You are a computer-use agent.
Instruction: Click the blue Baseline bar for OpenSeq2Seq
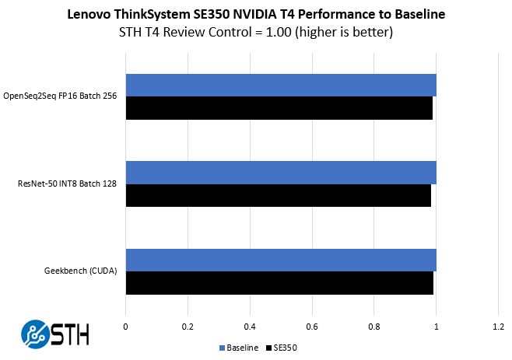click(280, 86)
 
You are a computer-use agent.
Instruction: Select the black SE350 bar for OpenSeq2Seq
click(279, 108)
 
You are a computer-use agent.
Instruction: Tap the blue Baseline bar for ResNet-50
click(280, 173)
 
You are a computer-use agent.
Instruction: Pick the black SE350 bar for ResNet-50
click(278, 195)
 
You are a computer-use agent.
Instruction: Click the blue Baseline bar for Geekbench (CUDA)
click(280, 260)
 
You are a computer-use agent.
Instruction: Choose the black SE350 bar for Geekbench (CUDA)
click(279, 283)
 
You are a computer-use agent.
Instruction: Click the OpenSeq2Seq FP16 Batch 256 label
click(65, 96)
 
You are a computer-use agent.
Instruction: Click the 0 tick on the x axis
click(125, 327)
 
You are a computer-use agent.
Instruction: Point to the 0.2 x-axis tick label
click(187, 327)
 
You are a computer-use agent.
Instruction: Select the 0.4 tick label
click(249, 327)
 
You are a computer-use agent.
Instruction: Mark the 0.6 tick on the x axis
click(311, 327)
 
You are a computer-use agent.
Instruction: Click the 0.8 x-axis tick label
click(373, 327)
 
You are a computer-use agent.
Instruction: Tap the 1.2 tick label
click(498, 327)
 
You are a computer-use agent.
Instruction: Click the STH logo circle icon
click(36, 334)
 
